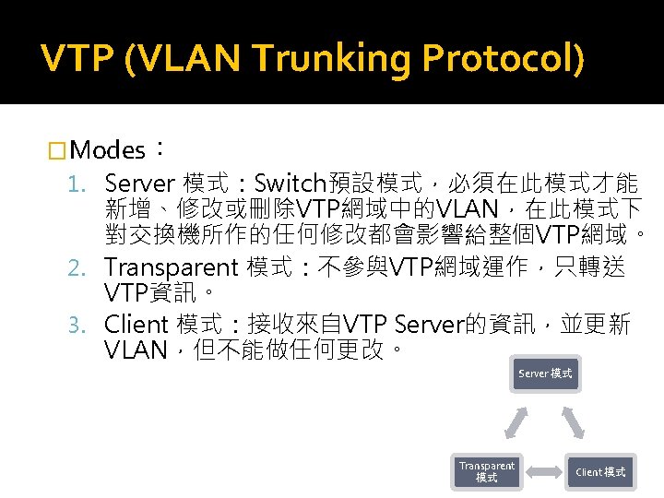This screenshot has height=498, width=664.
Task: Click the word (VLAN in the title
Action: [182, 60]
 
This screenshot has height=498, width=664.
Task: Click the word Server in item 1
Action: [139, 182]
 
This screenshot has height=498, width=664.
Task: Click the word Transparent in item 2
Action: [171, 267]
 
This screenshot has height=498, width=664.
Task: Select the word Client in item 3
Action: [136, 325]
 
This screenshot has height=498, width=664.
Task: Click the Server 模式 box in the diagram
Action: [545, 374]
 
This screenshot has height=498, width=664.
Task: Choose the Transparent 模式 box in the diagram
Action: [487, 471]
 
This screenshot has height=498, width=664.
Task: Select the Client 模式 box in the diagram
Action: [600, 471]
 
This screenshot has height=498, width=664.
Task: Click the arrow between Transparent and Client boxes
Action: [544, 472]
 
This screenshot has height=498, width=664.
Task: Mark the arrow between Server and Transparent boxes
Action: [516, 422]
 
